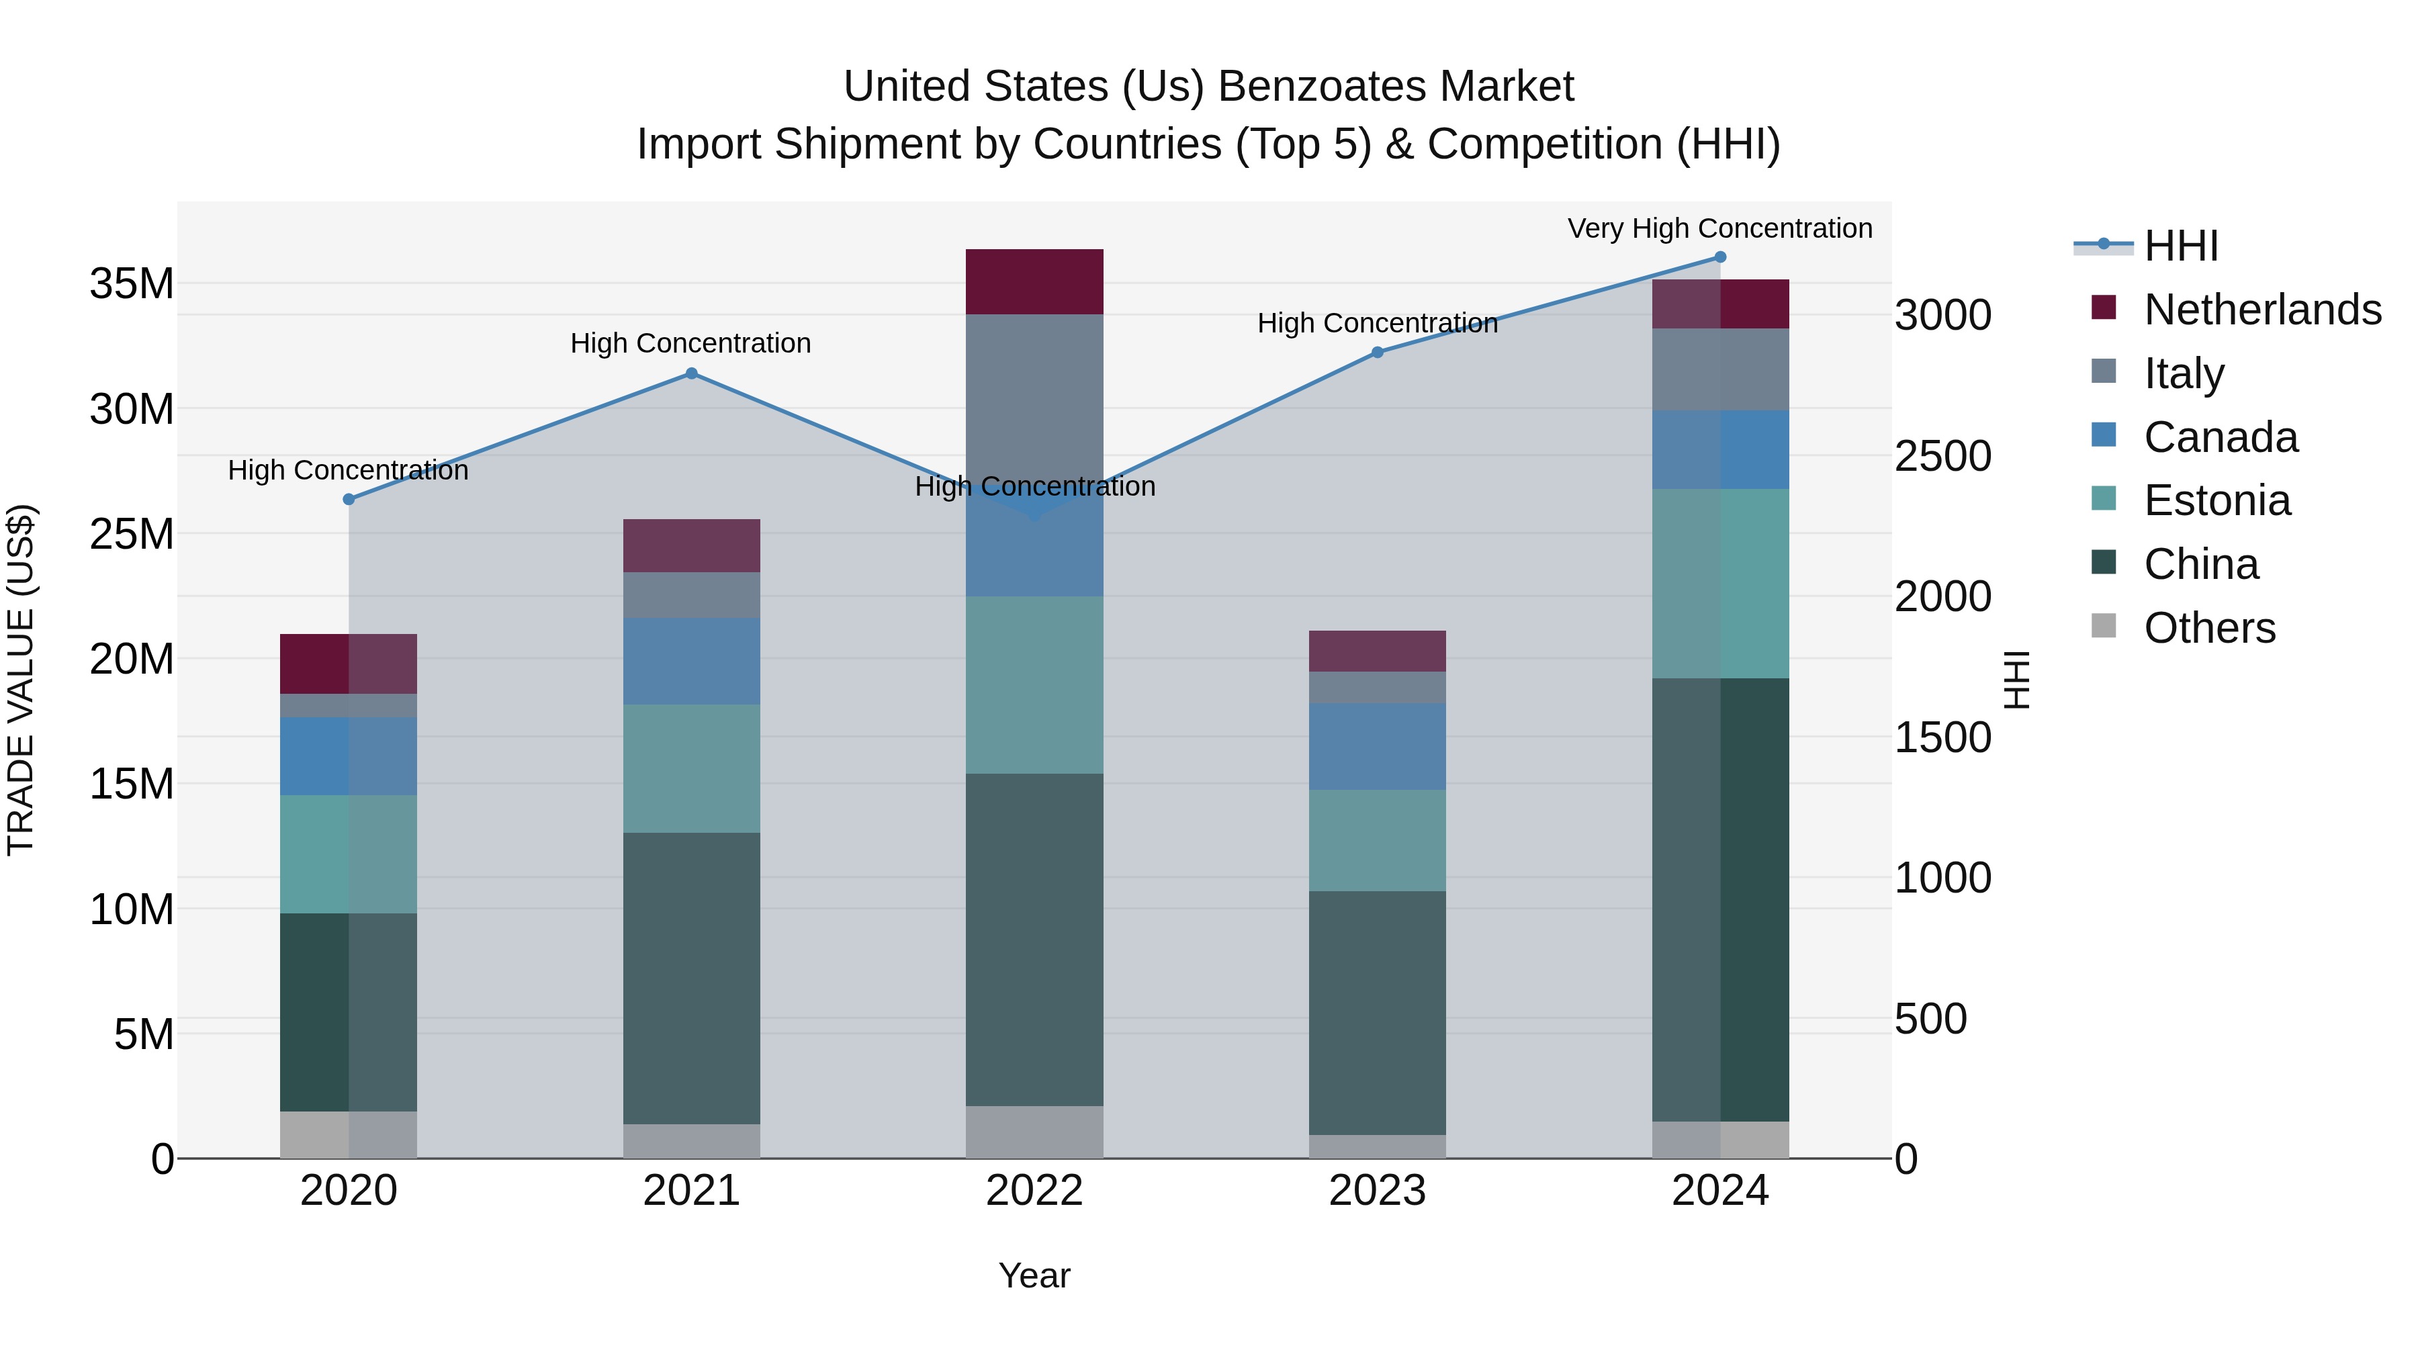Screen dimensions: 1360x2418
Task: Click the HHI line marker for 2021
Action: click(691, 373)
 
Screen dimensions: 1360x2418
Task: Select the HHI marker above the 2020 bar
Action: click(348, 499)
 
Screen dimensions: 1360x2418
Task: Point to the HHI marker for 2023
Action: click(1377, 353)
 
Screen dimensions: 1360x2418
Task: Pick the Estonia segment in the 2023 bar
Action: click(1377, 840)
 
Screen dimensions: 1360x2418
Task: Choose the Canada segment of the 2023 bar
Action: click(1377, 746)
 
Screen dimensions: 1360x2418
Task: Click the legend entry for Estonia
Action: click(2216, 500)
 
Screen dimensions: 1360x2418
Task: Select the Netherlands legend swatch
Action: click(2104, 308)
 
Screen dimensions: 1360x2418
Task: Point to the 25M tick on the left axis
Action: click(132, 534)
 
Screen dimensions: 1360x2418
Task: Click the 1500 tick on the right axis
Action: click(1942, 737)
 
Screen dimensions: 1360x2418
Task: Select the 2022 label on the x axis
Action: click(1034, 1191)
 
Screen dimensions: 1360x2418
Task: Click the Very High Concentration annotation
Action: click(1719, 228)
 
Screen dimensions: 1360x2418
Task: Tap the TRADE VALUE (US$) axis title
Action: click(21, 680)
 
